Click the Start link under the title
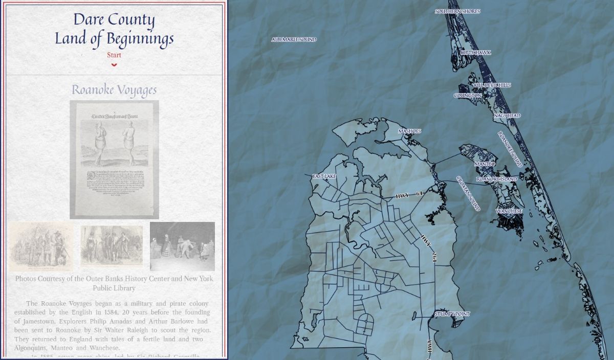114,55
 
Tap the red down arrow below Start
114,65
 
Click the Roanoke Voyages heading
114,90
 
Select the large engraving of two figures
114,159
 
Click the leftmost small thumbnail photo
40,246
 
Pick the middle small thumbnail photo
112,245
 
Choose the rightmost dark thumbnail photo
182,246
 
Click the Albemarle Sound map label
294,39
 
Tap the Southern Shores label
457,11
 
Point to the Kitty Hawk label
475,53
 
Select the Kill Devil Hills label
492,85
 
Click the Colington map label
468,96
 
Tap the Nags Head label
507,116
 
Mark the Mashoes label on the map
409,131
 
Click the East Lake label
324,176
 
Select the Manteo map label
485,164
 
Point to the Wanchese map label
509,211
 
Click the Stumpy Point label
452,314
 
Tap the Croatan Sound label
468,193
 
